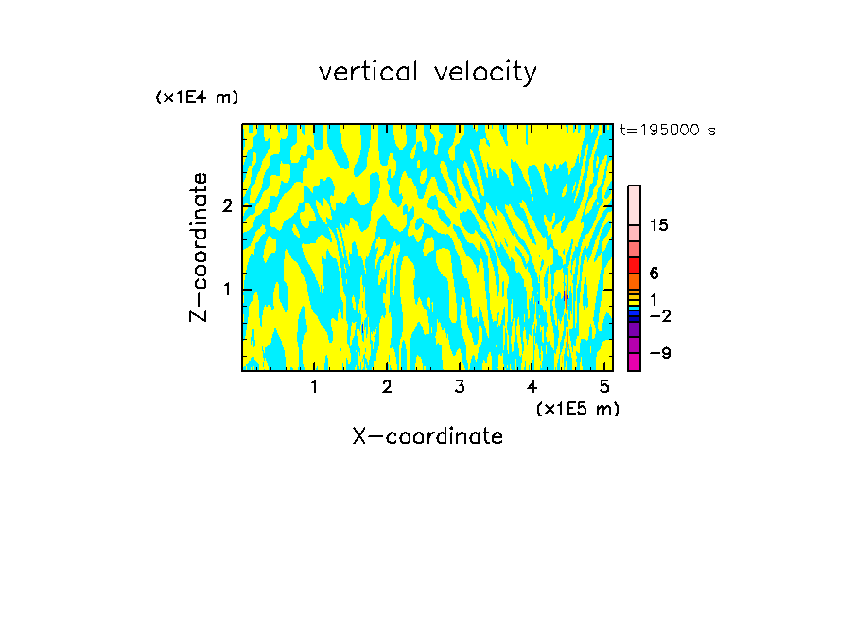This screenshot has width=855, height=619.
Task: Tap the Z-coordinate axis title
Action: [199, 247]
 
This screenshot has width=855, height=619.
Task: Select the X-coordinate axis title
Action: [427, 436]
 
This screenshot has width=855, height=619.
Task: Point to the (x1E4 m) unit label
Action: [197, 97]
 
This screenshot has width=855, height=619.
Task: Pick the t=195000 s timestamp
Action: [668, 130]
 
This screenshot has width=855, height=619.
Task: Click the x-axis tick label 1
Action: [314, 386]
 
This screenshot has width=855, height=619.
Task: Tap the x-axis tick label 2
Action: [387, 386]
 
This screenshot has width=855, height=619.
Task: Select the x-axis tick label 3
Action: [460, 386]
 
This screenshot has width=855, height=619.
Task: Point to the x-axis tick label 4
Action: [532, 386]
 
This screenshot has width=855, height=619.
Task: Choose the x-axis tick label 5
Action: [604, 386]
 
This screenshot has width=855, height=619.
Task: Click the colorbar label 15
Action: [659, 225]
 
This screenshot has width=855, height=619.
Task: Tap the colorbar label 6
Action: [654, 273]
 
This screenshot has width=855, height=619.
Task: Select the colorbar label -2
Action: [658, 315]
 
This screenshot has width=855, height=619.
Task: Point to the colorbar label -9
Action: [658, 353]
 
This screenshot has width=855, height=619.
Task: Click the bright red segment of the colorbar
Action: [634, 266]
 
